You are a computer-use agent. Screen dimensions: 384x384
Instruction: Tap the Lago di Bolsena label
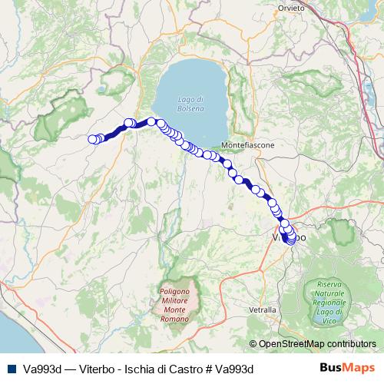(x=190, y=104)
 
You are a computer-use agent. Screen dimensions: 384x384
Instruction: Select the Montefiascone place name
(x=247, y=144)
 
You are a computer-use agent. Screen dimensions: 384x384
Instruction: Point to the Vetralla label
(x=263, y=309)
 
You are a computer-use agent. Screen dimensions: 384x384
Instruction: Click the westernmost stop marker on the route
(x=93, y=139)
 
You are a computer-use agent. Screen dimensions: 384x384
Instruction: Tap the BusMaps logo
(x=347, y=368)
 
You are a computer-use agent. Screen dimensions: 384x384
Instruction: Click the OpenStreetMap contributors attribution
(x=317, y=344)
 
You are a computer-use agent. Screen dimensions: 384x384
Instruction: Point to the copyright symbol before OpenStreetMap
(x=254, y=344)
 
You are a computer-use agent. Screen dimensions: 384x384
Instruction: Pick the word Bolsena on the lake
(x=190, y=108)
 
